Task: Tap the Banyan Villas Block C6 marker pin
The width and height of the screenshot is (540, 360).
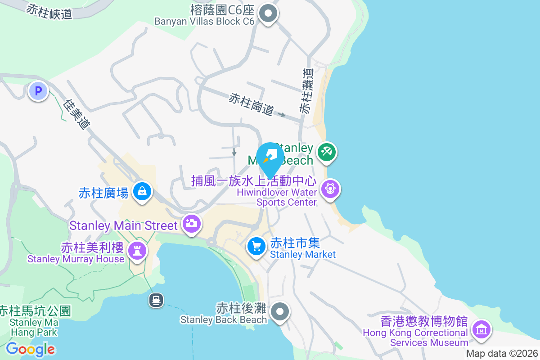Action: [269, 13]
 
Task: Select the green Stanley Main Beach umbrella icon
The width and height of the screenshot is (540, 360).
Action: [327, 152]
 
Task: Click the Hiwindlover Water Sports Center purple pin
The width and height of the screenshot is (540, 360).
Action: [331, 188]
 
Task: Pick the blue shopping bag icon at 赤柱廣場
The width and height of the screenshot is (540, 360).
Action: [142, 192]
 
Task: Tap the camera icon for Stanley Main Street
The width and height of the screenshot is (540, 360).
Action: [192, 223]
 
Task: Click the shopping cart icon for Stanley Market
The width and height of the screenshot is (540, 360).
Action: [256, 246]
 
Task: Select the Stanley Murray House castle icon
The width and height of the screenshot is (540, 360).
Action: [137, 250]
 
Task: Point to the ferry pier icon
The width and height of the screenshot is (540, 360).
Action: [156, 300]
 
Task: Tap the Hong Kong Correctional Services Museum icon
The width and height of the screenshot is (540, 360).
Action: [481, 329]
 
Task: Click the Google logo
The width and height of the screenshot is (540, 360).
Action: [31, 349]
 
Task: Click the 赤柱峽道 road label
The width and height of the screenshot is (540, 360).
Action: [49, 11]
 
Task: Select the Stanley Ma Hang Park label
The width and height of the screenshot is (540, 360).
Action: [34, 322]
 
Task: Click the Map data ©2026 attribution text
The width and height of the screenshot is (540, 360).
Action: [502, 353]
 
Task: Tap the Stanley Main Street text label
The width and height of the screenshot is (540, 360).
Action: [124, 225]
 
